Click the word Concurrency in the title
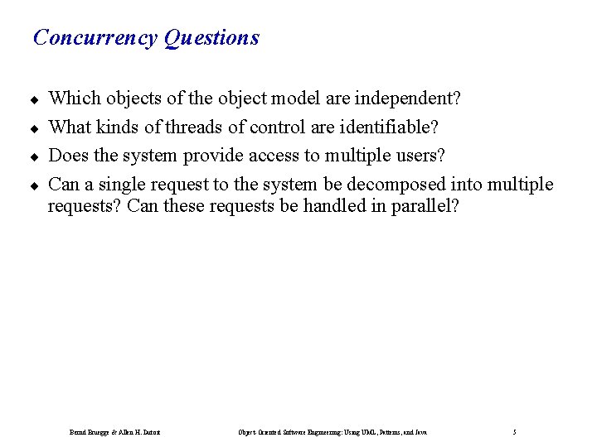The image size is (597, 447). click(95, 38)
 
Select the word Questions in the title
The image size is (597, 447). click(211, 38)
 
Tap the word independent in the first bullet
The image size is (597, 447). click(406, 99)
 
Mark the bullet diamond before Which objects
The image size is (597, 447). click(36, 100)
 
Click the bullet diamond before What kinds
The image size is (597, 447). click(36, 129)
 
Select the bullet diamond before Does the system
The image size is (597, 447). click(36, 157)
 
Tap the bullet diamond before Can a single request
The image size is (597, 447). click(36, 185)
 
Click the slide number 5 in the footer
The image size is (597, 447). click(515, 432)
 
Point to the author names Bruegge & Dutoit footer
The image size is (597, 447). click(114, 432)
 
